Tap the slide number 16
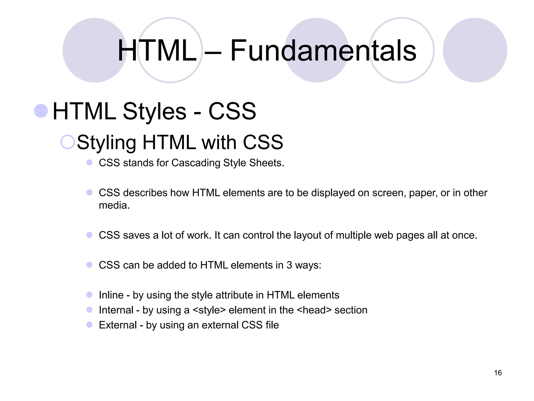(x=498, y=373)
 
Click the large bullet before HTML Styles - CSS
(x=41, y=111)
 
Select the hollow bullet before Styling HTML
(x=68, y=142)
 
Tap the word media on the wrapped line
(x=114, y=205)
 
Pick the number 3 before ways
(x=289, y=265)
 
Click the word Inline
(x=111, y=295)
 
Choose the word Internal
(x=116, y=310)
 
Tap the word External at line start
(x=118, y=325)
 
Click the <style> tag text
(x=209, y=310)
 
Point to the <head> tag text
(x=314, y=310)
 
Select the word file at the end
(x=272, y=325)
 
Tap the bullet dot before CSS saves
(x=89, y=235)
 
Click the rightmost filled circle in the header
(x=475, y=50)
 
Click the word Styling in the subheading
(x=106, y=143)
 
